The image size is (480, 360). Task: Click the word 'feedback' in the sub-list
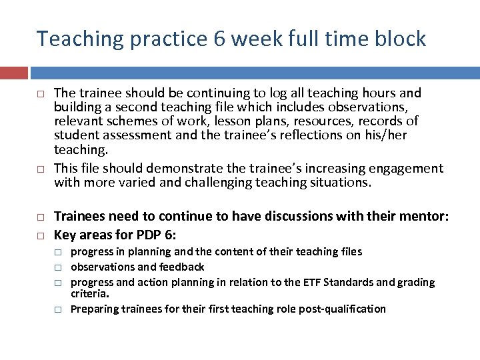point(182,267)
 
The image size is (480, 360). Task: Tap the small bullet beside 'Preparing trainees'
point(58,309)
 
